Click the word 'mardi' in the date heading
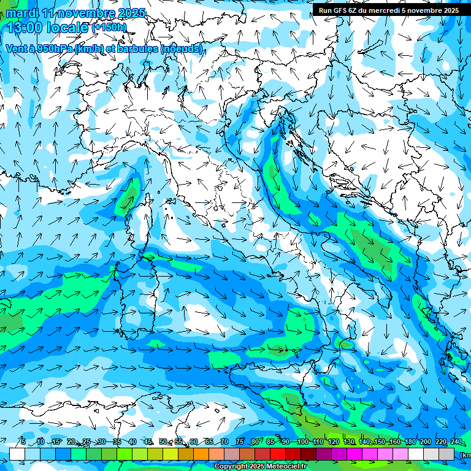(20, 13)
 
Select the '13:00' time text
(25, 28)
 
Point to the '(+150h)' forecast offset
(109, 28)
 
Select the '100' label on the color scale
(302, 442)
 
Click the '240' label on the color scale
(456, 442)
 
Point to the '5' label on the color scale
(23, 442)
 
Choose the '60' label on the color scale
(194, 442)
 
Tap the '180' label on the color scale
(409, 442)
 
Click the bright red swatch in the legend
(278, 454)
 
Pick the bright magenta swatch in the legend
(354, 454)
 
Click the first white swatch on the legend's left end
(17, 454)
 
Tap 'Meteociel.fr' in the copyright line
(286, 467)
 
